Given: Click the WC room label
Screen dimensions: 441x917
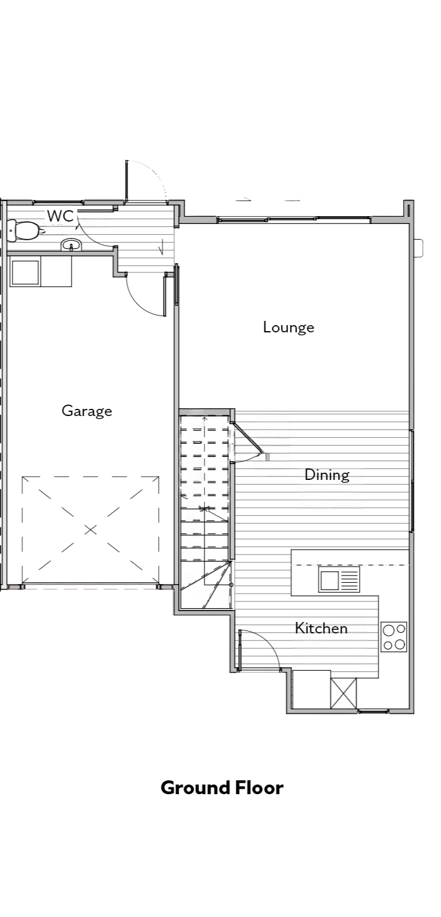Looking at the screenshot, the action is (61, 216).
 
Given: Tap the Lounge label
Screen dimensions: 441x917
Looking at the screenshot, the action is (288, 327).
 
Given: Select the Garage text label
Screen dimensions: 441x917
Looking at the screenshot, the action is (87, 411).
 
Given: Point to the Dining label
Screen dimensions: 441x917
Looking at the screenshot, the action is (327, 475).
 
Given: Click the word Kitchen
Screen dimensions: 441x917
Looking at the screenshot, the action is (321, 628).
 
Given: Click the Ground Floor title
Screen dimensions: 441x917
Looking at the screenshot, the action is (222, 787).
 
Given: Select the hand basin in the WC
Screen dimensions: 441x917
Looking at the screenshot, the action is (72, 245).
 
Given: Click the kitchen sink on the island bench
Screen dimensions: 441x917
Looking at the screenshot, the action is (339, 580).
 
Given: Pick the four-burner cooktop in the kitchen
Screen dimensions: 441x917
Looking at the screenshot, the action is (393, 636).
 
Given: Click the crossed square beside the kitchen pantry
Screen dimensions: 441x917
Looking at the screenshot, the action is (343, 693).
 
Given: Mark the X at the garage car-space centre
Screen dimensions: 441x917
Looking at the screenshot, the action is (90, 530).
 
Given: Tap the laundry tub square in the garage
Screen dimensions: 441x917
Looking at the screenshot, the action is (25, 272).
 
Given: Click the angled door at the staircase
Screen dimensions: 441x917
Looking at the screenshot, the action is (247, 438).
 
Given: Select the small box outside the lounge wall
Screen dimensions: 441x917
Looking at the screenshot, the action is (419, 247).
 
